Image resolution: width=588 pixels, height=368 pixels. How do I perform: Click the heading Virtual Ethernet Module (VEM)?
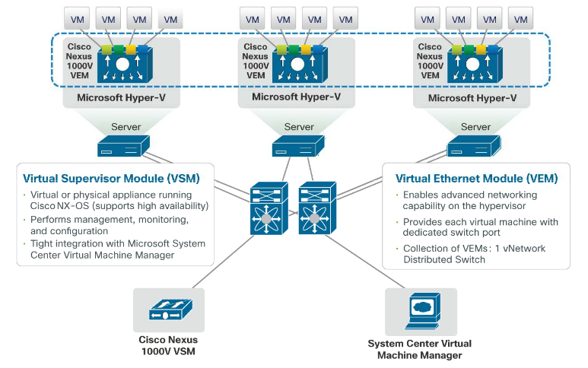(476, 179)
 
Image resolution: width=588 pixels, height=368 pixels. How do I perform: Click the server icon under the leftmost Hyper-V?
(124, 146)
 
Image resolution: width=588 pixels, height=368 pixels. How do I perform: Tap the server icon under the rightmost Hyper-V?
(473, 146)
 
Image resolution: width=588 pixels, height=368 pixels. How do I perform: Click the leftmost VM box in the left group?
(78, 18)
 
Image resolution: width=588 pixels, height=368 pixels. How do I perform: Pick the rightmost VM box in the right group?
(520, 18)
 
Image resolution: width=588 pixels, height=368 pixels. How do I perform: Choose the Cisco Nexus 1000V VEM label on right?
(430, 61)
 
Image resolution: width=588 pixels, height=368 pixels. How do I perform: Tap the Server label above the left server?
(126, 127)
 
